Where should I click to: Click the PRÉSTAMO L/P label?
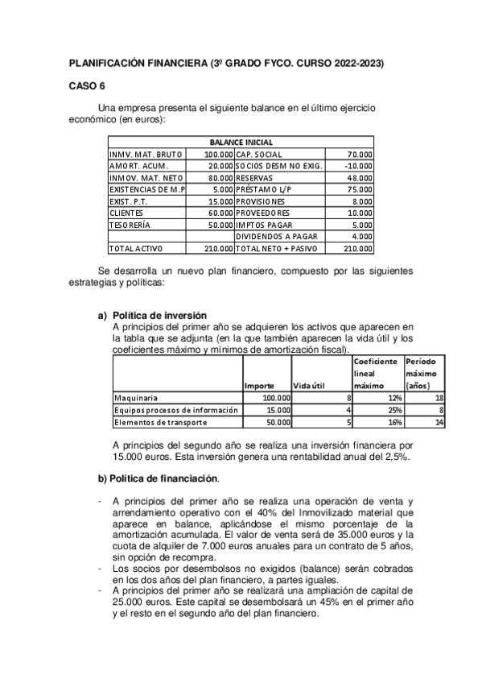(260, 189)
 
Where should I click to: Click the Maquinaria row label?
(136, 397)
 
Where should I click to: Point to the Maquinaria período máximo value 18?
(439, 397)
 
